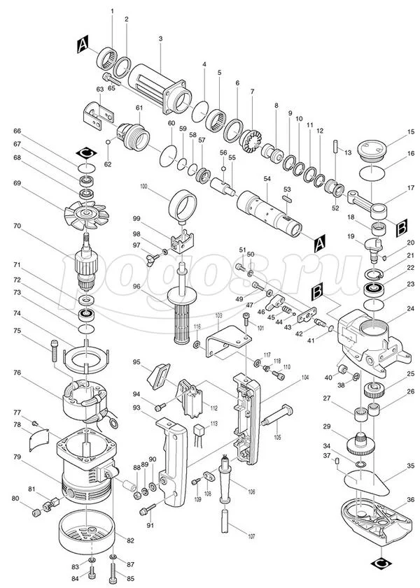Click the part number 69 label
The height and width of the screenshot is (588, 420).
[17, 184]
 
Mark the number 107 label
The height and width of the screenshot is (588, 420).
[232, 536]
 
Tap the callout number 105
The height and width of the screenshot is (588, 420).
[277, 437]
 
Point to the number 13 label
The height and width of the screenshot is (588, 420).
[346, 152]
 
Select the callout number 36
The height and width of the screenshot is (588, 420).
[411, 499]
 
